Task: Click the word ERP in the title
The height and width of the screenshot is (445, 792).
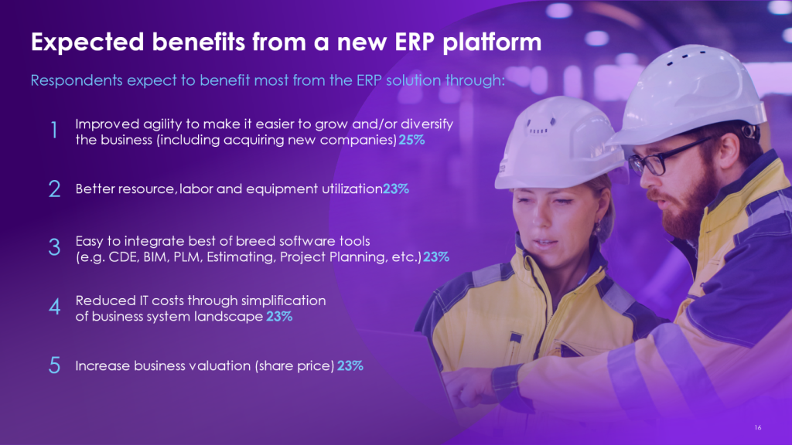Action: point(415,42)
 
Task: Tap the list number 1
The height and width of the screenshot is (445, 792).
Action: point(54,130)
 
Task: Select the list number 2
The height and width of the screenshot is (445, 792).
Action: point(55,189)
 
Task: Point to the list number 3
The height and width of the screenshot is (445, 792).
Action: point(55,247)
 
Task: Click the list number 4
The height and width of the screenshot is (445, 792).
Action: point(55,306)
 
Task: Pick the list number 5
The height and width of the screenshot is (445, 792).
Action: point(55,365)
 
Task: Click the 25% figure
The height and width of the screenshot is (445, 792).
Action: point(411,140)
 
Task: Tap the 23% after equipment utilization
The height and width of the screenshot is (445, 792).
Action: point(396,189)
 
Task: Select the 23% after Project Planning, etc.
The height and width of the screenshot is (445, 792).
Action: point(436,256)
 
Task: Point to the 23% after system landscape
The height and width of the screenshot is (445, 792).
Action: point(279,316)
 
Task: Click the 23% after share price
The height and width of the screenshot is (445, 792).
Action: point(350,365)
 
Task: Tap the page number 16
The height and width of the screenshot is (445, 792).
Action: point(758,427)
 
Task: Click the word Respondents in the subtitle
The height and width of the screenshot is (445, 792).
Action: point(77,80)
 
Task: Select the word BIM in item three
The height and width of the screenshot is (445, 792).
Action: point(155,256)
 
